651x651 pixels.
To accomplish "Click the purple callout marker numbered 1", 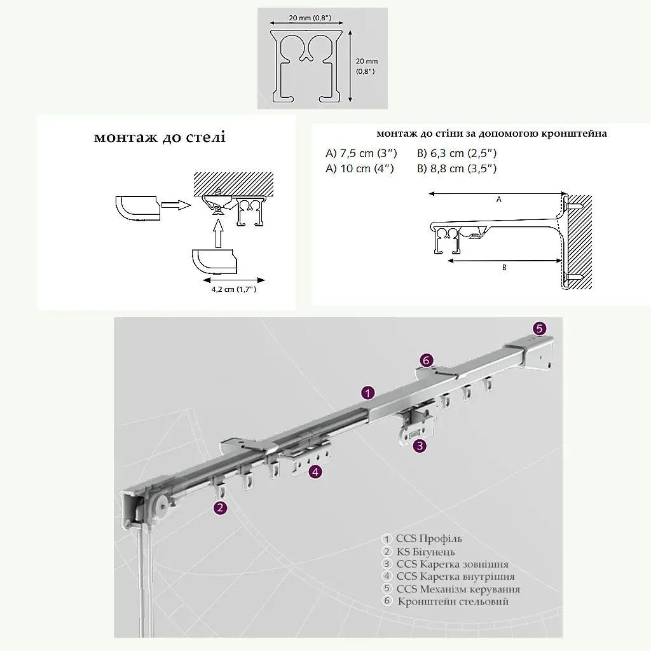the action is click(x=368, y=392).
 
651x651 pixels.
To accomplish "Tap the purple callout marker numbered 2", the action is click(x=221, y=507).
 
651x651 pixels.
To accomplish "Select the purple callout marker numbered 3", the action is click(x=420, y=446).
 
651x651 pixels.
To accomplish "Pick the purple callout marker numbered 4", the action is click(x=315, y=472).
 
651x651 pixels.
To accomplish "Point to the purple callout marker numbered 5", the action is click(x=539, y=329).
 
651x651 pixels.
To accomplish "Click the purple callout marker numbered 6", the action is click(x=427, y=360).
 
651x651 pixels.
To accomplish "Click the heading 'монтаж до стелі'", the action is click(x=160, y=137).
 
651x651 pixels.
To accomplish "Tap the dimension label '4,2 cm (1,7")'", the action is click(x=234, y=289).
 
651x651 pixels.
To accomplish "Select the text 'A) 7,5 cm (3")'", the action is click(x=361, y=153).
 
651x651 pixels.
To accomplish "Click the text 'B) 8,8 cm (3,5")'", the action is click(x=456, y=168).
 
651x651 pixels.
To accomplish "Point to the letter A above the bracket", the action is click(x=498, y=200).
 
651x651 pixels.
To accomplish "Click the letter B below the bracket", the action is click(x=504, y=268).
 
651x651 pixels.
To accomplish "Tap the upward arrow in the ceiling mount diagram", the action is click(x=219, y=234).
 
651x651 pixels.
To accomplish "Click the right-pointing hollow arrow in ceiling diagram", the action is click(x=176, y=205).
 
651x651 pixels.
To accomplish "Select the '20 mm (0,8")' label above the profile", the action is click(x=310, y=18).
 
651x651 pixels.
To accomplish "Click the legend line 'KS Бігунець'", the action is click(x=425, y=552).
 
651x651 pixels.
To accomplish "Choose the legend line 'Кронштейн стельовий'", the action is click(x=453, y=601).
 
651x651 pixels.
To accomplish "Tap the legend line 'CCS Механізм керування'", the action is click(x=458, y=589).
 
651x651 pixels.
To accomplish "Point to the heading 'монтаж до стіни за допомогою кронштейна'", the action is click(x=491, y=134).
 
